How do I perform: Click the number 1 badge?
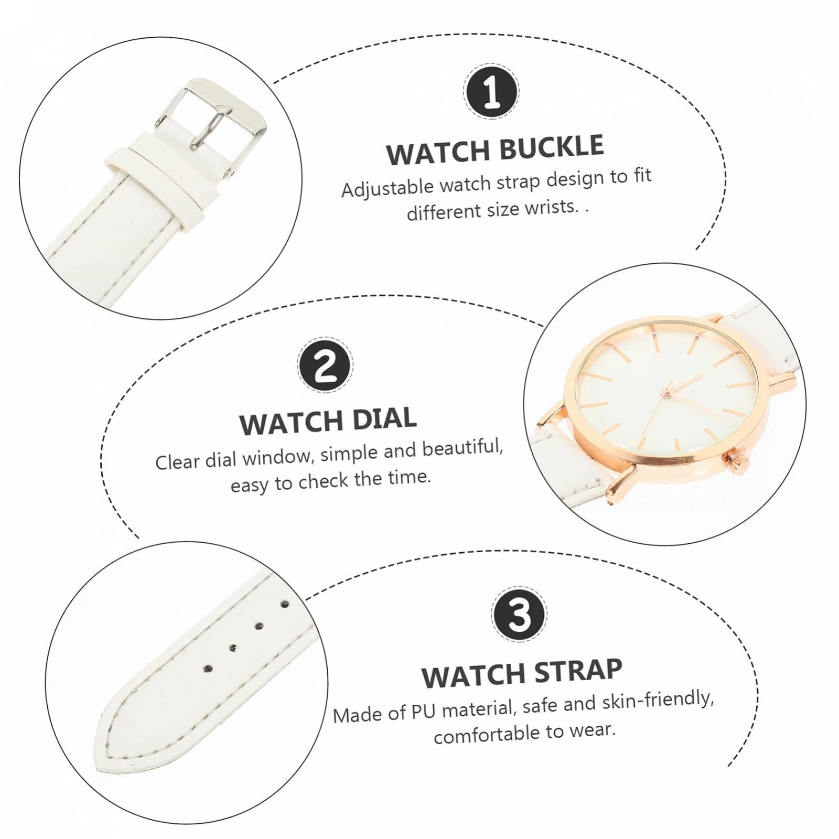tap(491, 91)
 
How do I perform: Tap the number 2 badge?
tap(325, 364)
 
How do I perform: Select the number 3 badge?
tap(520, 615)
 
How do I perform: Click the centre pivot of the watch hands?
tap(667, 392)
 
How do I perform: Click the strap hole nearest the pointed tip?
tap(208, 669)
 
